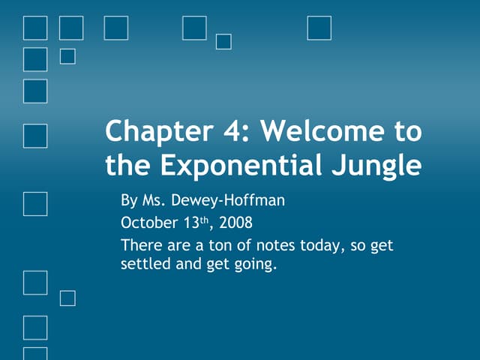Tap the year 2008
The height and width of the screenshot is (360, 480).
click(235, 223)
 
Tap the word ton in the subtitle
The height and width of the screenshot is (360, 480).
click(210, 246)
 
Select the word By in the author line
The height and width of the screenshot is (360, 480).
click(129, 202)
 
